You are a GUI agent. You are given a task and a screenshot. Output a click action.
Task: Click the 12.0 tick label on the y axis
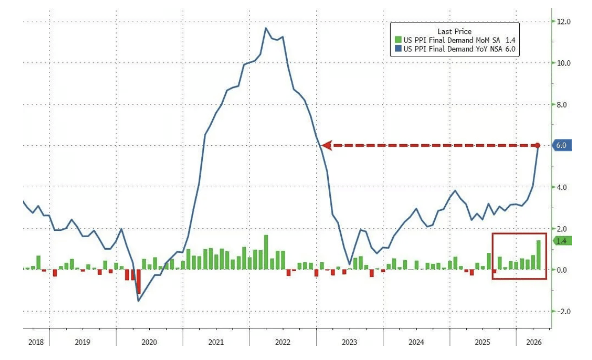click(564, 21)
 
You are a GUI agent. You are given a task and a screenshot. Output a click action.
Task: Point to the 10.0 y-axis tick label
click(564, 63)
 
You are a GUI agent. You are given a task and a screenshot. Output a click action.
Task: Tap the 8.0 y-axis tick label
click(562, 105)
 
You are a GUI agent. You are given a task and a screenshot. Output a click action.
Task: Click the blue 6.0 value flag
click(562, 146)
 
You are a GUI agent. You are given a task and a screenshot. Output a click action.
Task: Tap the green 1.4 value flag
click(562, 241)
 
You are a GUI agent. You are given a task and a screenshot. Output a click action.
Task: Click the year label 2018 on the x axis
click(36, 342)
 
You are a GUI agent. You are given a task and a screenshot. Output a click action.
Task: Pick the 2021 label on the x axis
click(216, 342)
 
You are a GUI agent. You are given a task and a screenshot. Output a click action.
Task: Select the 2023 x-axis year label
click(349, 342)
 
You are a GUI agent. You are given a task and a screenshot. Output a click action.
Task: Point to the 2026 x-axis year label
click(534, 342)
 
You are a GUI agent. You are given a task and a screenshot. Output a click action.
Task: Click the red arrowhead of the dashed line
click(327, 146)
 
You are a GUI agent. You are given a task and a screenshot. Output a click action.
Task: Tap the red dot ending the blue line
click(538, 146)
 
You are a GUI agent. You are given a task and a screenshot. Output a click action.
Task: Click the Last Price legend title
click(455, 31)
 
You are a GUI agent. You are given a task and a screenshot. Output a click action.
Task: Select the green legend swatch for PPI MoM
click(397, 40)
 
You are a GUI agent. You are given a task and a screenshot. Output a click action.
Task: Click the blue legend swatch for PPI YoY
click(397, 49)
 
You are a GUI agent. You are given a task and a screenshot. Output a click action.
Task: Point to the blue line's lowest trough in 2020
click(138, 301)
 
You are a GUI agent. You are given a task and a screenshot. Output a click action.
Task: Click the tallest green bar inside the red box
click(538, 255)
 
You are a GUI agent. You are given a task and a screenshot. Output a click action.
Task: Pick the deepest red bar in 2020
click(138, 282)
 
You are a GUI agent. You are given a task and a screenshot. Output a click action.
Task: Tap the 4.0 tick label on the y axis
click(562, 187)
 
